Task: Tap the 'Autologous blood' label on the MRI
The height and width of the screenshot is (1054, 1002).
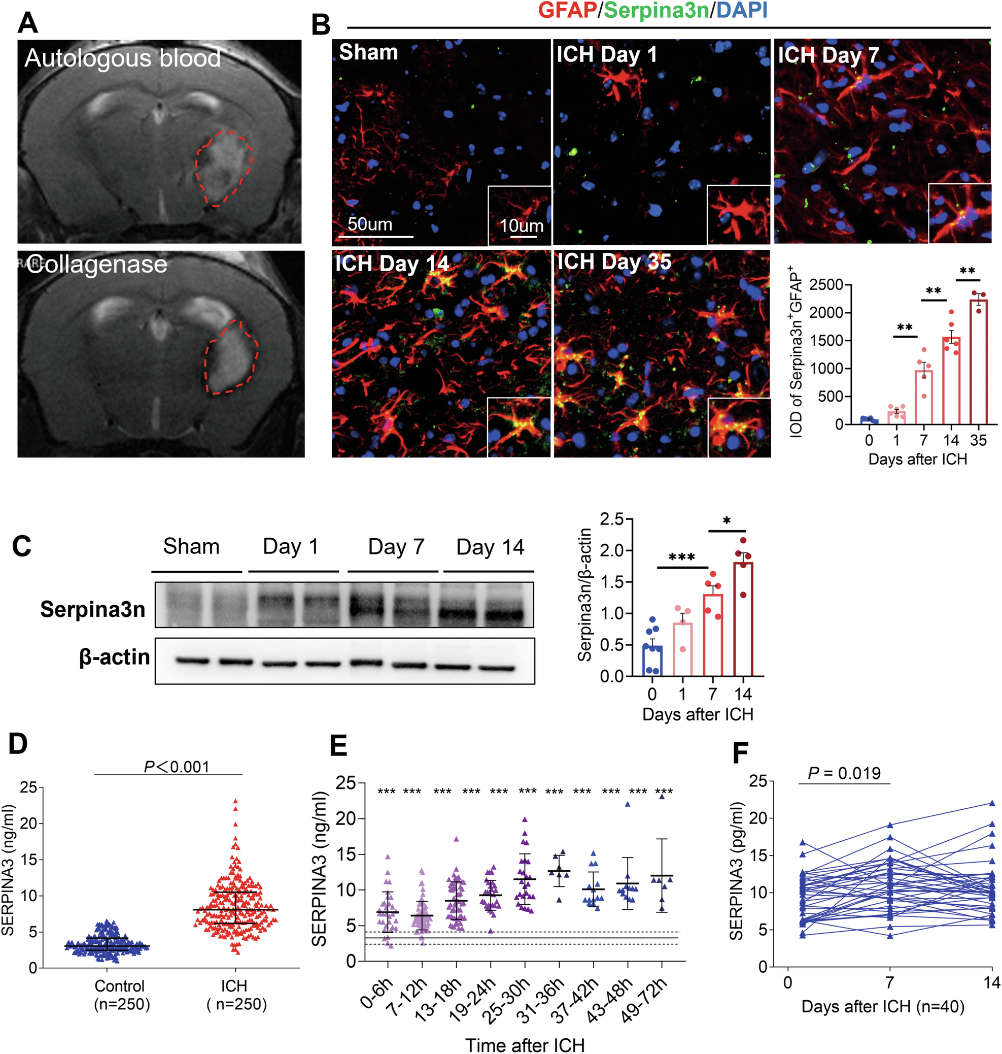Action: click(122, 58)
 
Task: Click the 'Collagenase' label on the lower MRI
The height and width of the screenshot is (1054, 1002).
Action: click(97, 264)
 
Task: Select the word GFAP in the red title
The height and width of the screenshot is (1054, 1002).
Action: click(567, 10)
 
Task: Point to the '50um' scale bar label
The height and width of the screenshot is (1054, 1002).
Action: click(370, 224)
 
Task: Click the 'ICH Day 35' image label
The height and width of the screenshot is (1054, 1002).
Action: click(614, 262)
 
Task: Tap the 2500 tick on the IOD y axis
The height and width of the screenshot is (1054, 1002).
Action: click(826, 285)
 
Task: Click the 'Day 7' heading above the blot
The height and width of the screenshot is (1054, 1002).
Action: click(396, 547)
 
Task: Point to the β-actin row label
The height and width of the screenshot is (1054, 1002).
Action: click(114, 657)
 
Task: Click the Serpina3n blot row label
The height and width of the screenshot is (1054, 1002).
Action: click(92, 609)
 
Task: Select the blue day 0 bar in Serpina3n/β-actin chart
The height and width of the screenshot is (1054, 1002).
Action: click(651, 661)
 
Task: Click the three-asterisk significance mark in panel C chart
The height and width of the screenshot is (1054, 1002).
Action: click(681, 557)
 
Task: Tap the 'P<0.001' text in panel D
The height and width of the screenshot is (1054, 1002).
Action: click(176, 767)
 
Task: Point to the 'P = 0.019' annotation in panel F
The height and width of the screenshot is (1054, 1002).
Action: click(844, 773)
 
